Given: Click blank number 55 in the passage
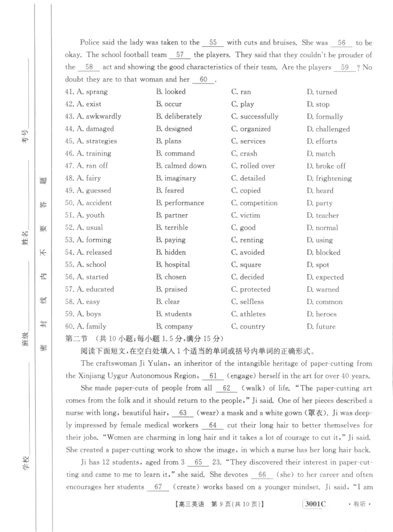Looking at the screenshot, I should [213, 43].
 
